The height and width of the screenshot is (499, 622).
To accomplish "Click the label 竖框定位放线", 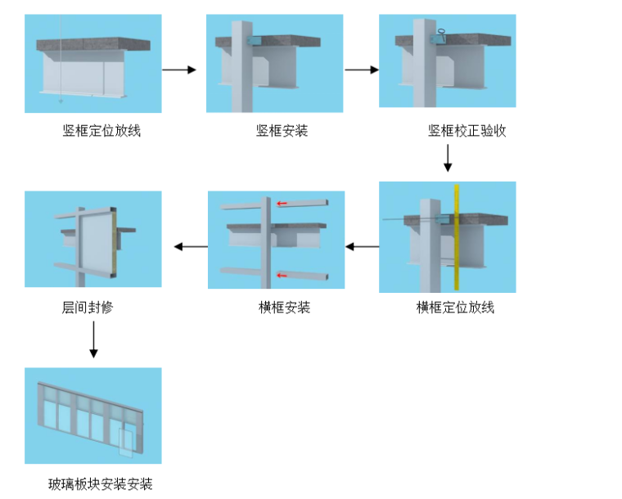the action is pos(101,130).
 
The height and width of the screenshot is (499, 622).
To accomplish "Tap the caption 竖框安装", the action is pos(282,130).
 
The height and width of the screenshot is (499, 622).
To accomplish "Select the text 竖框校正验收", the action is pos(466,130).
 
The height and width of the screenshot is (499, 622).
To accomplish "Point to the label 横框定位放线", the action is pos(455,307).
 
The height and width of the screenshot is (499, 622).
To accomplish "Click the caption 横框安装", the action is pos(284,307).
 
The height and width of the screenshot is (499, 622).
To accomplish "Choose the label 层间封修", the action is pos(88,307).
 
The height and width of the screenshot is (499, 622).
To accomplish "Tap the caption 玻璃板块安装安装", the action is pos(101,484).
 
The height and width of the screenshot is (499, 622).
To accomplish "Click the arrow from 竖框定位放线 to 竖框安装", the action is pos(179,70).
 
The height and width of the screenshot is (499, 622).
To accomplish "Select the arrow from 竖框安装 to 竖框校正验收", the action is pos(362,70).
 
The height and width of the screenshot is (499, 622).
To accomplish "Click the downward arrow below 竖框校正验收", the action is pos(448,158).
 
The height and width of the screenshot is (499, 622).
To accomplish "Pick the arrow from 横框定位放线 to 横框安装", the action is pos(363,246).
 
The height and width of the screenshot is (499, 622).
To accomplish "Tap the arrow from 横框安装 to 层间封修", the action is pos(191,246).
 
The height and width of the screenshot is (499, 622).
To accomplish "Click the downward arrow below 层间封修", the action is pos(93,339).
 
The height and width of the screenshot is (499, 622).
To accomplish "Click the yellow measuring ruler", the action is pos(457,237).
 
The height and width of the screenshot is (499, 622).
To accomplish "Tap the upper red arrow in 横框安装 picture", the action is pos(282,204).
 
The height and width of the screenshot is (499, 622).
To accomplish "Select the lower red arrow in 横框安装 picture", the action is pos(282,275).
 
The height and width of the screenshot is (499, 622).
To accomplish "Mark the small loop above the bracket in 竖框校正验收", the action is pos(441,32).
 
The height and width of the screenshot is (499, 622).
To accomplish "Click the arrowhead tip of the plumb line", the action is pos(61,103).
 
